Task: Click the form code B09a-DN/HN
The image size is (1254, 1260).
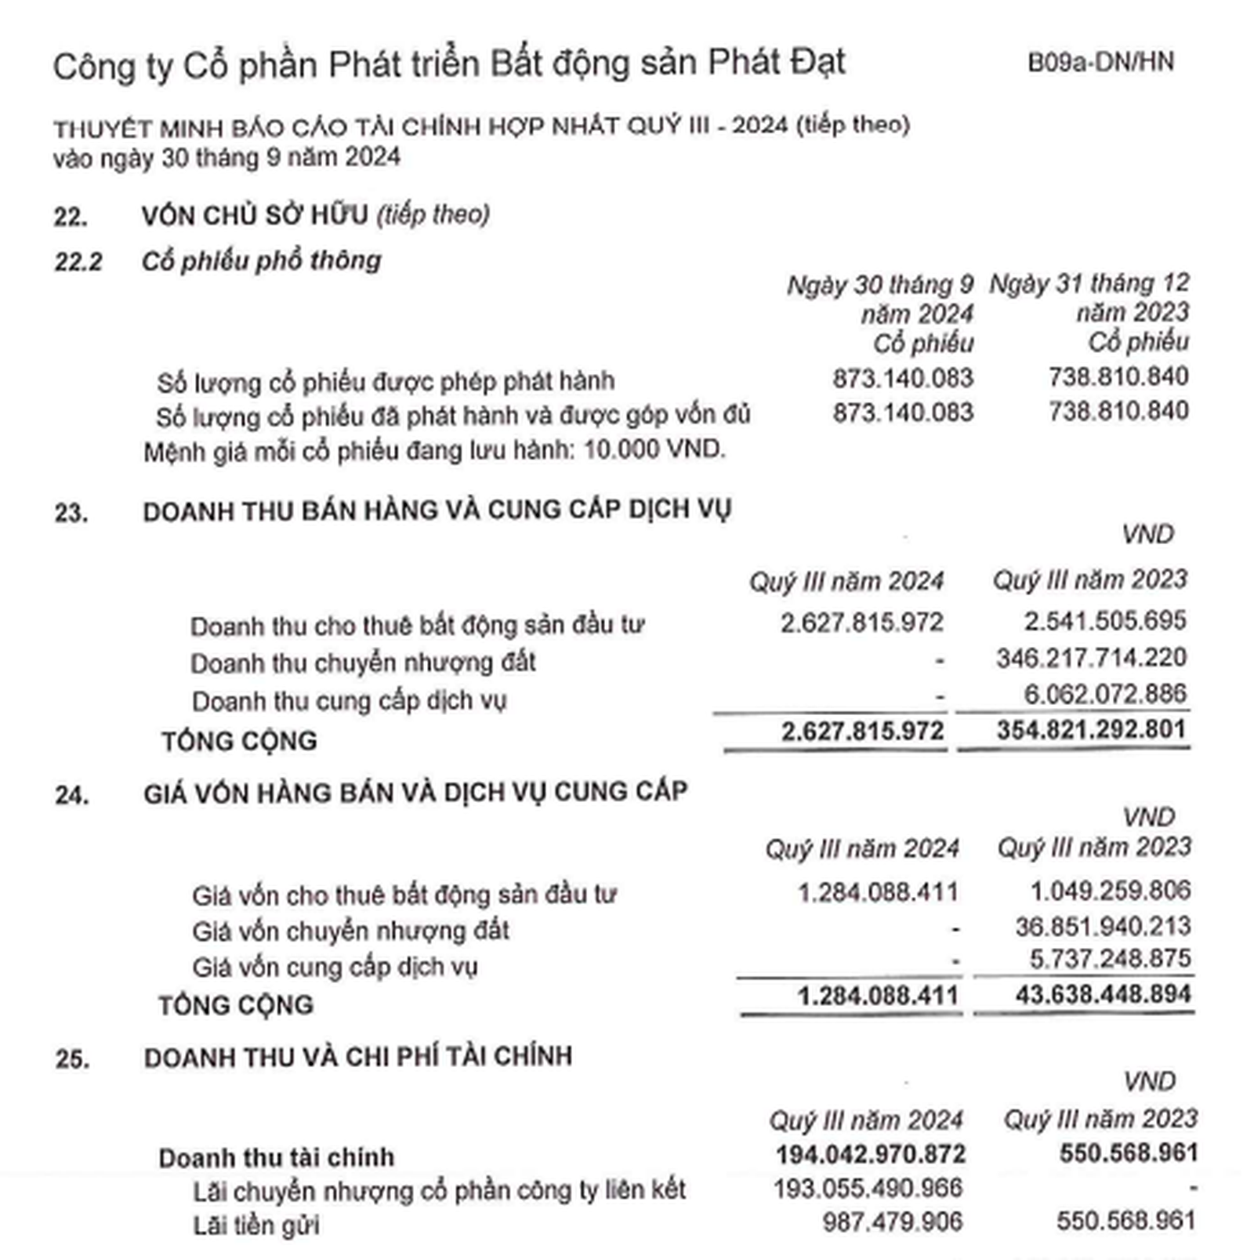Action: coord(1100,62)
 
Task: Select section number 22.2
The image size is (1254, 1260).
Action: coord(78,262)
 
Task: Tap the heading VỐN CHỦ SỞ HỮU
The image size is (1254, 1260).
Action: coord(255,215)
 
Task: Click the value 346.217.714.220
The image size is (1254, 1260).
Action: coord(1091,657)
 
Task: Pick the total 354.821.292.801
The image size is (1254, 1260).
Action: coord(1091,730)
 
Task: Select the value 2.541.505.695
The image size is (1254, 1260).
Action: coord(1104,621)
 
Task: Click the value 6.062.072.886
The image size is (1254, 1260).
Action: coord(1104,694)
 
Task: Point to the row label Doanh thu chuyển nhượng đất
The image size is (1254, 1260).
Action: coord(363,663)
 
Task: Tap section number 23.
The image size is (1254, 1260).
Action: coord(71,513)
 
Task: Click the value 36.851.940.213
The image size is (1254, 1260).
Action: coord(1103,927)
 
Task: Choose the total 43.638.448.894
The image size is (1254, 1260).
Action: coord(1103,995)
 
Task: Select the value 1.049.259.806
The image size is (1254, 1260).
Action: coord(1110,891)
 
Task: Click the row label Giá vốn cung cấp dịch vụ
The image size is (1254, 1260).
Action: coord(335,968)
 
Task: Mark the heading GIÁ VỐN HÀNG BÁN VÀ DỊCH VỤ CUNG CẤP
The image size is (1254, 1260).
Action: coord(415,793)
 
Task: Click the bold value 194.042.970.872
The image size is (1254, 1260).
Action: coord(870,1154)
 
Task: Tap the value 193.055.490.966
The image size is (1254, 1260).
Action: coord(868,1189)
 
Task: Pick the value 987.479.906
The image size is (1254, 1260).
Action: coord(892,1222)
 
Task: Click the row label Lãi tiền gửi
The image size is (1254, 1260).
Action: coord(256,1225)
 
